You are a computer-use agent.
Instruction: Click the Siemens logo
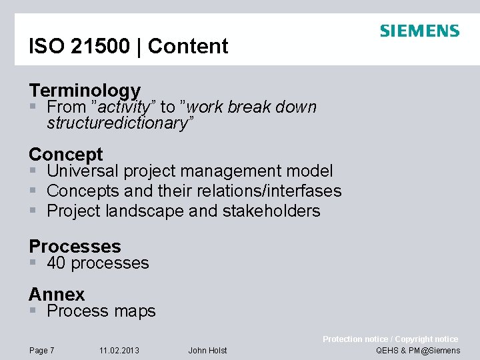419,31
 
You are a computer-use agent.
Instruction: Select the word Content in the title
188,47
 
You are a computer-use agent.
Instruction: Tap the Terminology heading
85,90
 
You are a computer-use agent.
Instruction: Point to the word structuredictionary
121,123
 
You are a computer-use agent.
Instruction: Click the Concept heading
66,155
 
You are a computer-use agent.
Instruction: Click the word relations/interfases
281,191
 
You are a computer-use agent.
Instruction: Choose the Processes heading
75,246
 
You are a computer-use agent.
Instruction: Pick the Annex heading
57,294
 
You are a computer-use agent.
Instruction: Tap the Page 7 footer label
41,351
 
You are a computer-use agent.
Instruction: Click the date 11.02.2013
119,351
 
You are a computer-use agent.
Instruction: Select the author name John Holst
207,351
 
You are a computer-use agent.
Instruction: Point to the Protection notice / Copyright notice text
390,339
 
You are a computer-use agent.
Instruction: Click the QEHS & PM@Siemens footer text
418,351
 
